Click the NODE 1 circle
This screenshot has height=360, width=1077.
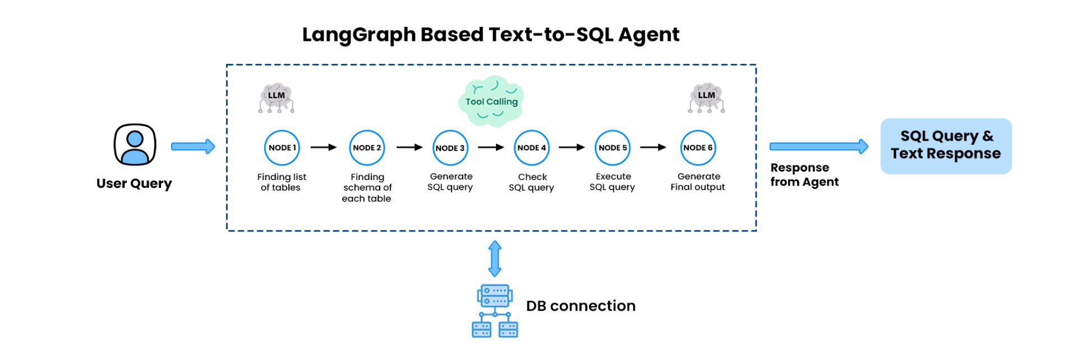click(x=282, y=148)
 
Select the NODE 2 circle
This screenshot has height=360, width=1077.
click(x=367, y=148)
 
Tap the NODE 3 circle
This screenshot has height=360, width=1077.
click(x=450, y=148)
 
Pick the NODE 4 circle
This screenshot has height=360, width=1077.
click(x=532, y=148)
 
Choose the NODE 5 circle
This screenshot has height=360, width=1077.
click(x=613, y=148)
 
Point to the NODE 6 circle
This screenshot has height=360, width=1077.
click(x=698, y=148)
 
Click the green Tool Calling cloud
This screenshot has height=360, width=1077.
click(x=491, y=101)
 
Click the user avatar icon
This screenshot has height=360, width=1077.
click(x=135, y=145)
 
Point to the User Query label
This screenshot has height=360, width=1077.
click(x=134, y=183)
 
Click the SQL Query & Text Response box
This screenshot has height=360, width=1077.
click(x=946, y=146)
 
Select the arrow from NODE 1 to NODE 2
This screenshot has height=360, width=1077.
click(x=324, y=147)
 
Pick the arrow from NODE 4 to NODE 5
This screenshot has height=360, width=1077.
click(x=572, y=147)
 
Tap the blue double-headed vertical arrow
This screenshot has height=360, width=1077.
click(x=495, y=259)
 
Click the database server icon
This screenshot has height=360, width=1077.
click(x=495, y=311)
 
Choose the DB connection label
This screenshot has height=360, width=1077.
click(x=581, y=306)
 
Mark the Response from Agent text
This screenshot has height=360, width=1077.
click(x=804, y=174)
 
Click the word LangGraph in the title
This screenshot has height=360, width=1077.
click(x=359, y=35)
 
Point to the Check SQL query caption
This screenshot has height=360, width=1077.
click(x=531, y=182)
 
